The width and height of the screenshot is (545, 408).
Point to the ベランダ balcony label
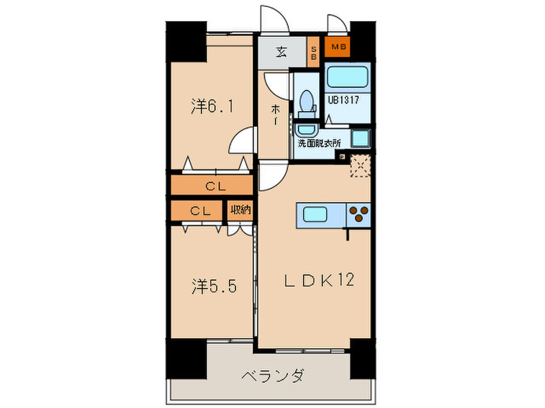272,376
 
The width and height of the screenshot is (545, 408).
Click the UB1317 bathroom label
343,99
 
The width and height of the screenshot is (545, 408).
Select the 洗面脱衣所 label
316,143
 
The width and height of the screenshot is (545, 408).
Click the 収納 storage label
240,210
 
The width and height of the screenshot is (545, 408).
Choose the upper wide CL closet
212,186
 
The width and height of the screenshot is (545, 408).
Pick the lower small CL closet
199,210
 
